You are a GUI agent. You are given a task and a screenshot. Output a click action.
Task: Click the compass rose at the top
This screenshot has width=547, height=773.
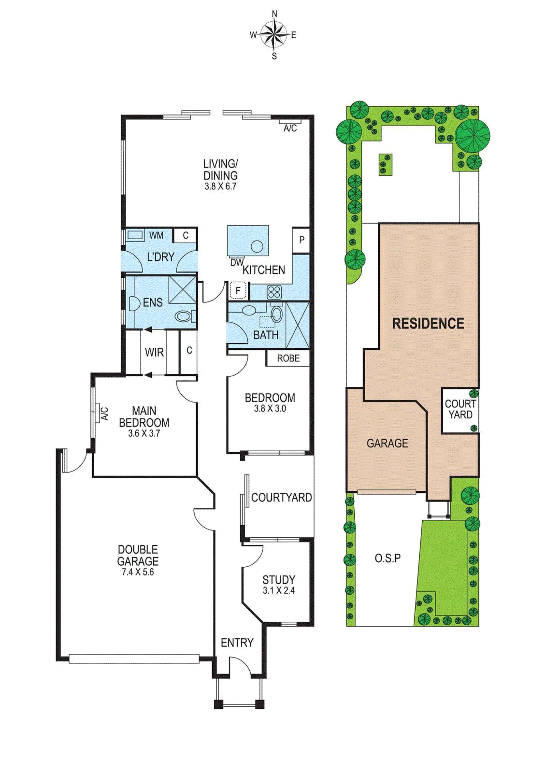coord(274,35)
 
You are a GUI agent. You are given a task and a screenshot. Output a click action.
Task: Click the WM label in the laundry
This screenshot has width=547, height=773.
coord(156,235)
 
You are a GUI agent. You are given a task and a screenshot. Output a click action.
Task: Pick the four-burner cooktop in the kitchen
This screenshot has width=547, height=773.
coord(274,292)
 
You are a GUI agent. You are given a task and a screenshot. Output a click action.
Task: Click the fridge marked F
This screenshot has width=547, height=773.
coord(238,290)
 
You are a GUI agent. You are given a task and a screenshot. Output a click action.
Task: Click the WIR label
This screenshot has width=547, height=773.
coord(154,352)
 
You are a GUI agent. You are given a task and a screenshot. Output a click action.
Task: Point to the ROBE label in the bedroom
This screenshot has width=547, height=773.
coord(288,358)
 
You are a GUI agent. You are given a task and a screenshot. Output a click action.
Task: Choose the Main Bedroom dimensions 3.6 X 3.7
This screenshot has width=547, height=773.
coord(144,433)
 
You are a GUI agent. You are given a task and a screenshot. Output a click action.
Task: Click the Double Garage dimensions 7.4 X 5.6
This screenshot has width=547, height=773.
coord(138,572)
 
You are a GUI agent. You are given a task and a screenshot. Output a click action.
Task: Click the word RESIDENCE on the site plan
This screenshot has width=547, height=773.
coord(428,324)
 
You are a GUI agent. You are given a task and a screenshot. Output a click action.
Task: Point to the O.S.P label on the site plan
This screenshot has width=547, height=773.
coord(388,558)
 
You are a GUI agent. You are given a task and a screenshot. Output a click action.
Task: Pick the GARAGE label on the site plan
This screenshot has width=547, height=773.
coord(387,443)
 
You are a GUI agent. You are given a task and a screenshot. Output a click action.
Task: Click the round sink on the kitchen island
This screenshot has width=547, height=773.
coord(257,246)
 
